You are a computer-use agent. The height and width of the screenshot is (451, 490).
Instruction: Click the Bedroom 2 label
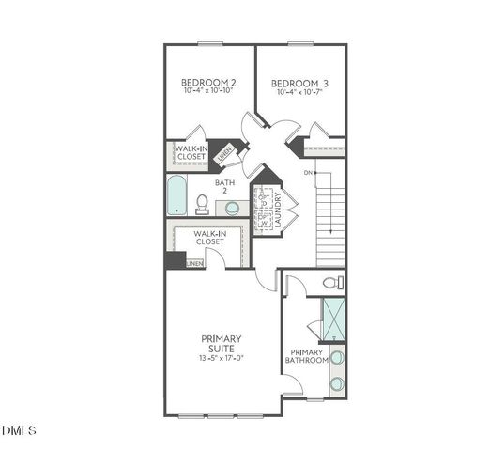(207, 83)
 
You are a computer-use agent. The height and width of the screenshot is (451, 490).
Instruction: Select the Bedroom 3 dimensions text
(300, 93)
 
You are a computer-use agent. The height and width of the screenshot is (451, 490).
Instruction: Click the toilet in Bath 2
(202, 203)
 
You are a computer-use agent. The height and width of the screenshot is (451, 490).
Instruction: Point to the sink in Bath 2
(232, 208)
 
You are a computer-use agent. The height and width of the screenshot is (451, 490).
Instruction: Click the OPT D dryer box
(265, 199)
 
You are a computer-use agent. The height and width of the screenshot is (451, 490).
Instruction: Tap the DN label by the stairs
(308, 173)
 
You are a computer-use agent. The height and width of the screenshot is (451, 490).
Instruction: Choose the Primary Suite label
(222, 344)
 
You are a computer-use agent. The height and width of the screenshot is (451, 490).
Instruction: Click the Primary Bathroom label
(307, 355)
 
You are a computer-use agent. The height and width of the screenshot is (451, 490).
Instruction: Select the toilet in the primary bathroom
(331, 282)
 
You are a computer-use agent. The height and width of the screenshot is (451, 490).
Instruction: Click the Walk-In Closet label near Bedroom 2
(190, 153)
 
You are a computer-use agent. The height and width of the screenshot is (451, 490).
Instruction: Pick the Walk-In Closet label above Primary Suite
(209, 238)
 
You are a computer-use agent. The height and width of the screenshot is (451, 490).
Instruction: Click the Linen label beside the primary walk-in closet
(193, 264)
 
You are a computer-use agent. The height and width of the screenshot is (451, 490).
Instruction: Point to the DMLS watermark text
(19, 431)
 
